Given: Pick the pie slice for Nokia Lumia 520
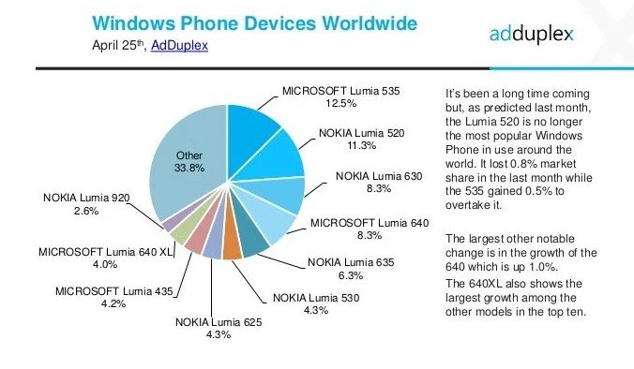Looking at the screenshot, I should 279,159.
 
